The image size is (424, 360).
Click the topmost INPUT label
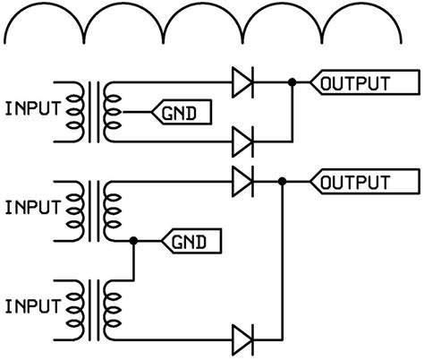[33, 110]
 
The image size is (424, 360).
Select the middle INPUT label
[33, 208]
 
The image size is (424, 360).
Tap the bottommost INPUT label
[33, 307]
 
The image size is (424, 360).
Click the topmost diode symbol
[242, 83]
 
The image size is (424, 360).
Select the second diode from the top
[242, 141]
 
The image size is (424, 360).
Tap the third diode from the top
[242, 182]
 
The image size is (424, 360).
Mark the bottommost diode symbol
[242, 339]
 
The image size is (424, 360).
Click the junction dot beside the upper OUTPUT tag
[293, 83]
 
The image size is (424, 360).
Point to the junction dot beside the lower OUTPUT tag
[282, 182]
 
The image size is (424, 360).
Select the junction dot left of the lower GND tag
[133, 240]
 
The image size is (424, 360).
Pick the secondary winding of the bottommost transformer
[112, 307]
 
